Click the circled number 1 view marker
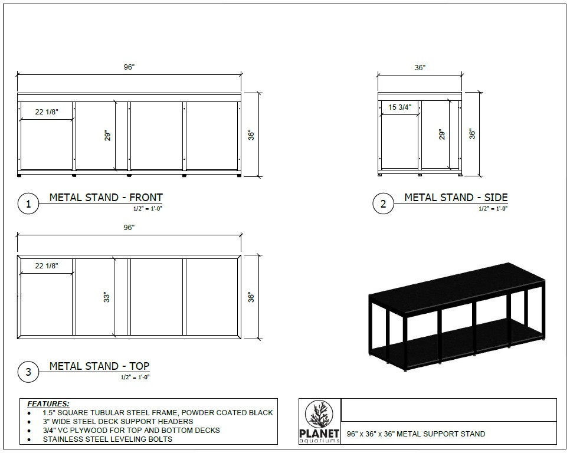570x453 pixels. click(x=28, y=204)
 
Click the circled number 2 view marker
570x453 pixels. click(x=383, y=204)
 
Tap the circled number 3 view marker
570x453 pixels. click(x=28, y=372)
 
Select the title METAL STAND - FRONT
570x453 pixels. click(x=106, y=198)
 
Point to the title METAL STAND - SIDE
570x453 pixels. click(x=456, y=198)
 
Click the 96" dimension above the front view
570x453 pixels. click(x=129, y=67)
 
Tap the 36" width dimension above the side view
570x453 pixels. click(x=420, y=68)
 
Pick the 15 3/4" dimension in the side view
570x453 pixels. click(x=399, y=107)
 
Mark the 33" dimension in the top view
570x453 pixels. click(x=107, y=297)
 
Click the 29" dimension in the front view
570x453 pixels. click(x=108, y=136)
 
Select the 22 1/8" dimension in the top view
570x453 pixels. click(x=47, y=266)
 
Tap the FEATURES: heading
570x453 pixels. click(x=48, y=403)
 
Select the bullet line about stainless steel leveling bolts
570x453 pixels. click(x=107, y=439)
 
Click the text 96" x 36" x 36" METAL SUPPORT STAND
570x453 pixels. click(x=416, y=434)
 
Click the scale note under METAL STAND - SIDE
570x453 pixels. click(x=493, y=208)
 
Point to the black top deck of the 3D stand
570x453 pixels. click(x=454, y=287)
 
